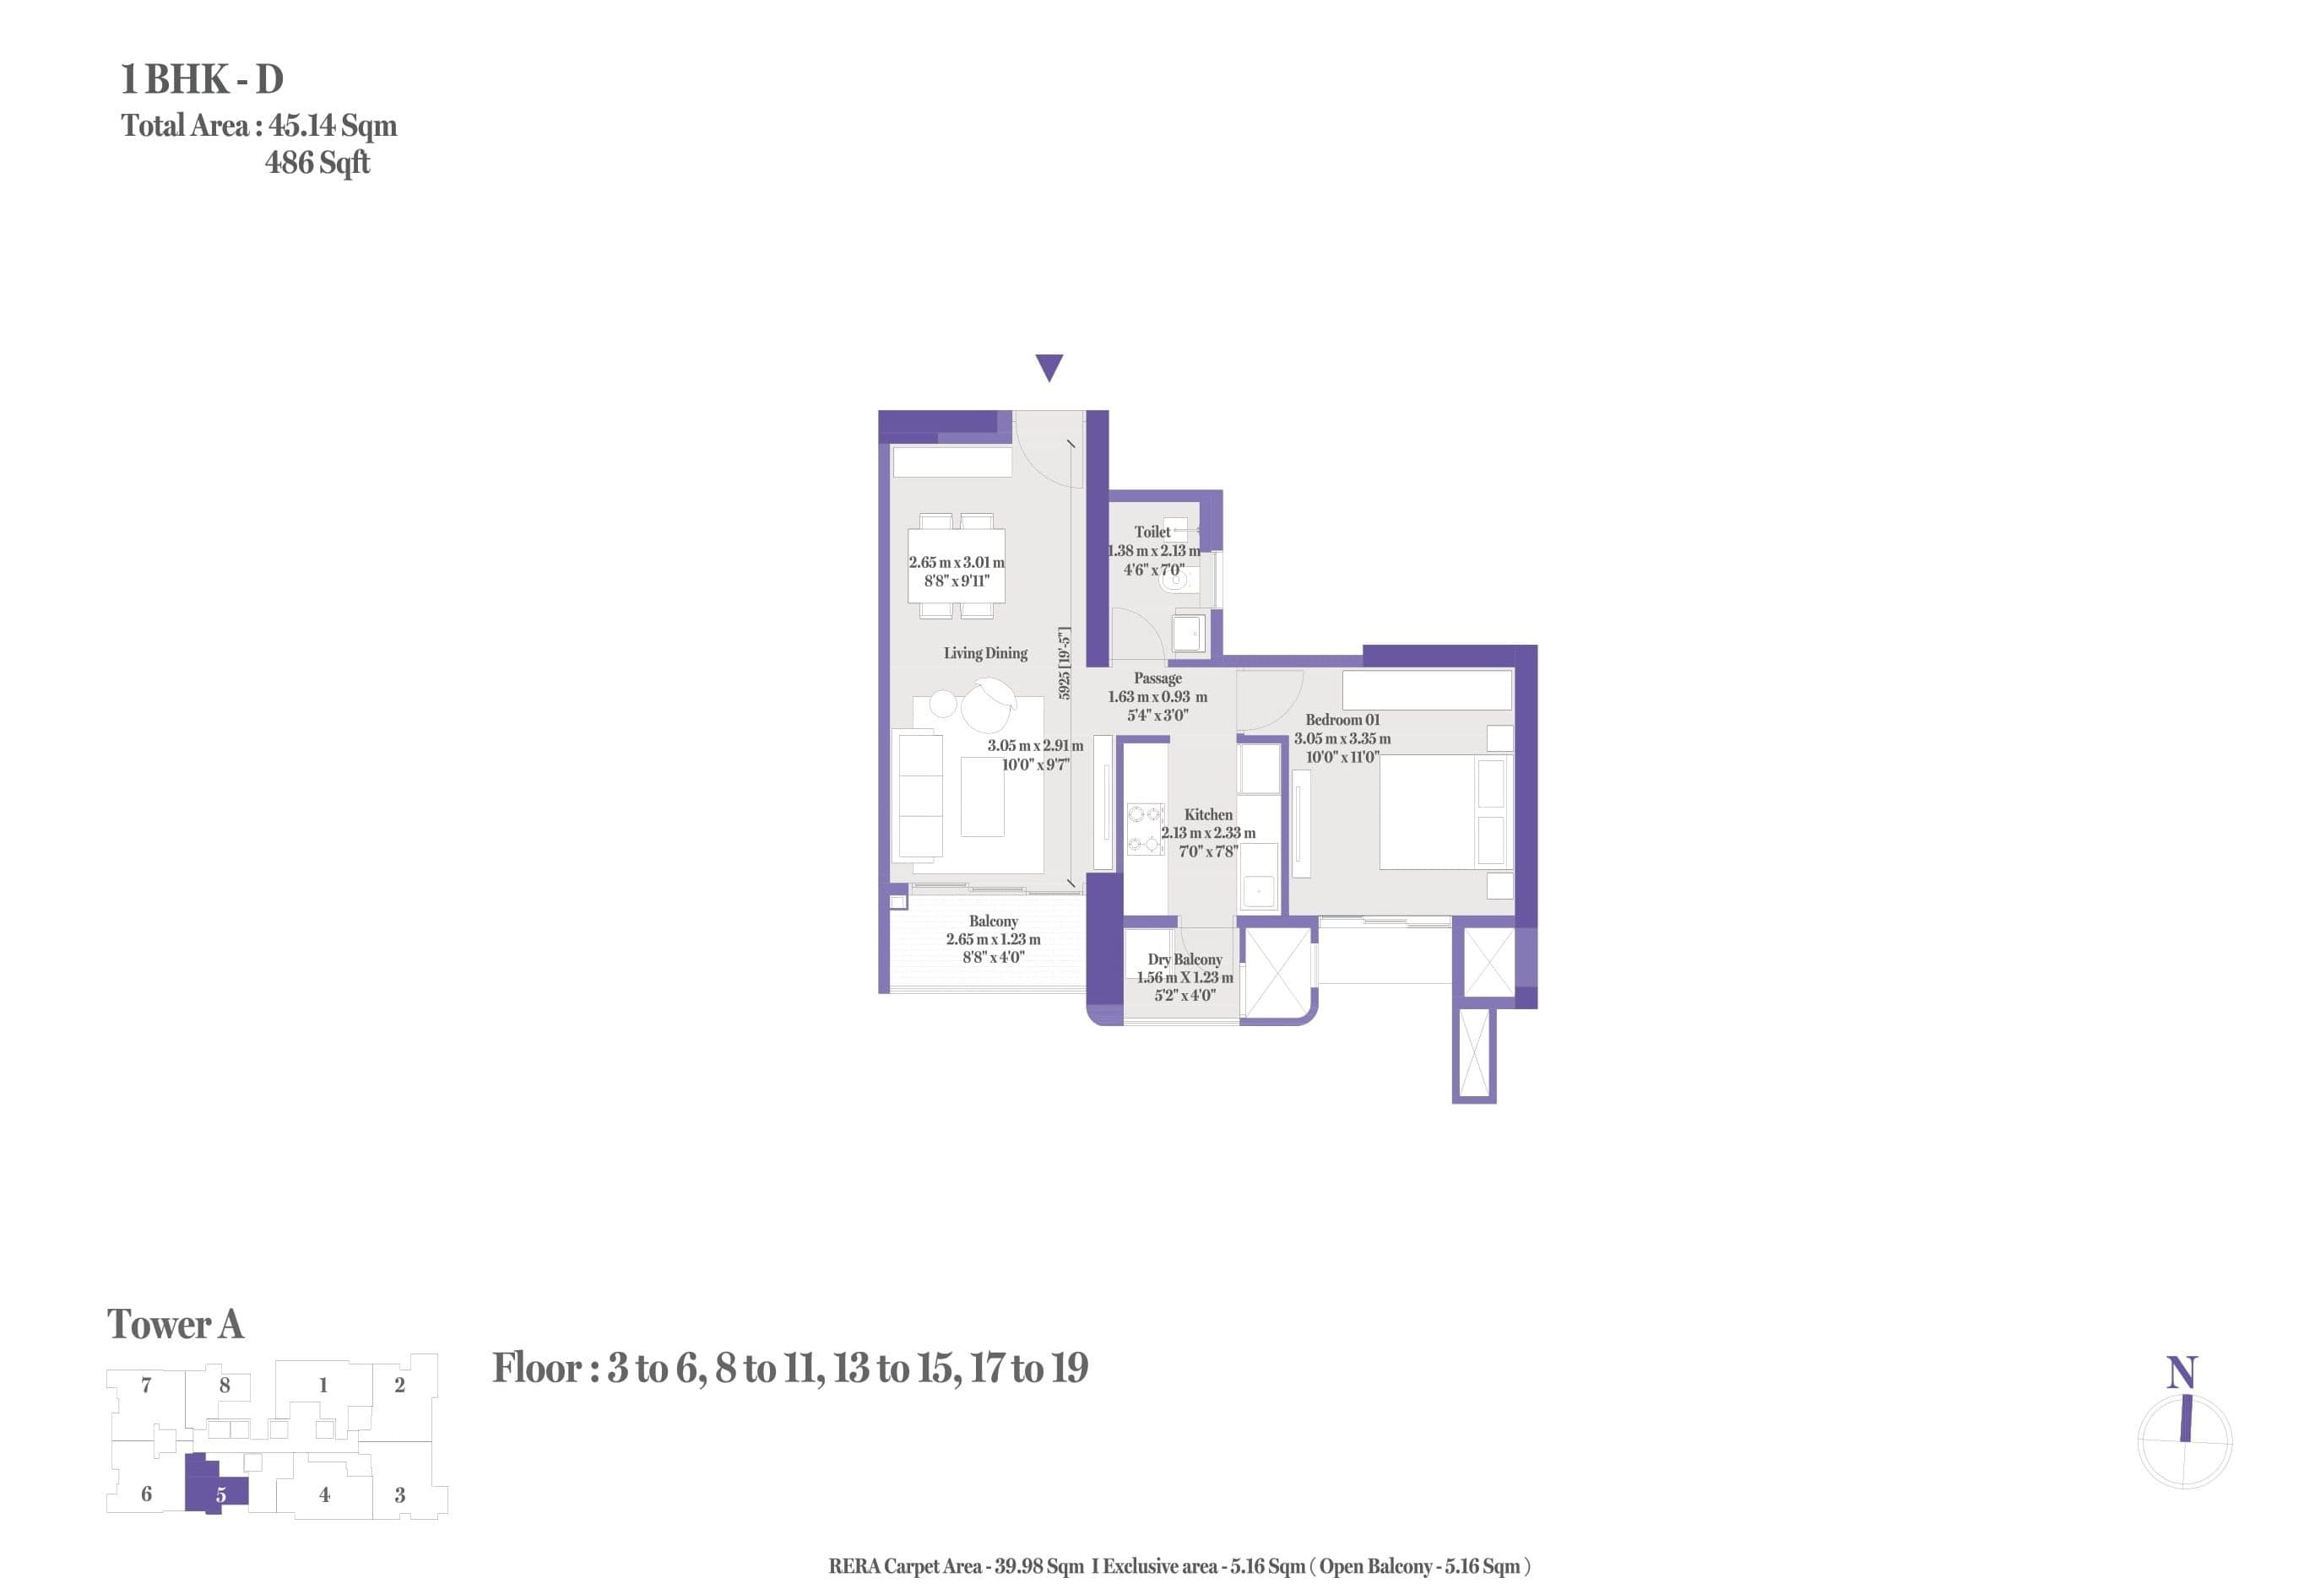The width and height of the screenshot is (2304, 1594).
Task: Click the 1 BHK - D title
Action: (202, 79)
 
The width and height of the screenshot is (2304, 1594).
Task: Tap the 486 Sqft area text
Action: (317, 163)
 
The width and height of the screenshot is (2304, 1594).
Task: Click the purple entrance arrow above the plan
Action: (1048, 366)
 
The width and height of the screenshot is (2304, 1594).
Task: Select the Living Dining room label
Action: (984, 653)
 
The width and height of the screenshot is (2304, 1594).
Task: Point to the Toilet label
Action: (1151, 532)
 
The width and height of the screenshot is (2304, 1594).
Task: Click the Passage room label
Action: (1157, 678)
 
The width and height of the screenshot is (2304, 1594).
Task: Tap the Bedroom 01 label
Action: (1342, 720)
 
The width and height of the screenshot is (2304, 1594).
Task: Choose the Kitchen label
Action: (1207, 815)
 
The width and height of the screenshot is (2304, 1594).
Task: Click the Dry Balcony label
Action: (1184, 959)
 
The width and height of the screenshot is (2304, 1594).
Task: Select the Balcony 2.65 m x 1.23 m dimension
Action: (992, 940)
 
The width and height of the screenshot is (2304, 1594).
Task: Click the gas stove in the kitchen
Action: (1145, 829)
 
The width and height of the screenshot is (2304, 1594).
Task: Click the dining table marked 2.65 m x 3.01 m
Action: (957, 565)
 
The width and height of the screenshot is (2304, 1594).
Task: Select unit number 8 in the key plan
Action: (225, 1386)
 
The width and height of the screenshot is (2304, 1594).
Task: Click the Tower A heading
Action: (175, 1324)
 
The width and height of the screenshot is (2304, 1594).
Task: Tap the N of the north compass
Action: (2180, 1372)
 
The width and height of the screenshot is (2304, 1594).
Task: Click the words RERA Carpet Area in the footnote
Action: (904, 1566)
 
